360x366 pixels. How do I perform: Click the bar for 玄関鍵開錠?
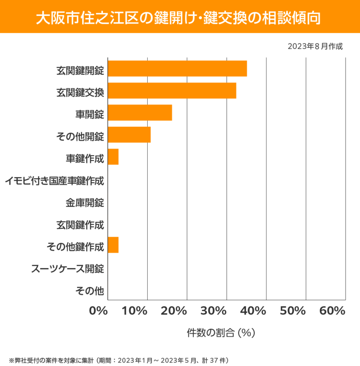(177, 69)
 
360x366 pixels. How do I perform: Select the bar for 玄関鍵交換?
(172, 91)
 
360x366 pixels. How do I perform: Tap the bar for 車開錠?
(140, 113)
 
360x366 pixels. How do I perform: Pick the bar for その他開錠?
(129, 135)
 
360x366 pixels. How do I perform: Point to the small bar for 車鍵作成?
(113, 157)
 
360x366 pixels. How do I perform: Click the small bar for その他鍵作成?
(113, 245)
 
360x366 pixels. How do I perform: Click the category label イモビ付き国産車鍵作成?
(55, 181)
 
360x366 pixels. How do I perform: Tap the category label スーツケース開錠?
(68, 269)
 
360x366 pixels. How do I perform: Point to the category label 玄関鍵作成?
(80, 225)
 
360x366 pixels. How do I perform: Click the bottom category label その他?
(90, 290)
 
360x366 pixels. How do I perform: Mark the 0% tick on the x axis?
(99, 311)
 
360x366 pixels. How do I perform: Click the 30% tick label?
(214, 311)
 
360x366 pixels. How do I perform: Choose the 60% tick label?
(332, 311)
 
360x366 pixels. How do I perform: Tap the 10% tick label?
(135, 311)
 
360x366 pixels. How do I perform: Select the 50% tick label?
(292, 311)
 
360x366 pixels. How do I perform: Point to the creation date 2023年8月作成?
(315, 46)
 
